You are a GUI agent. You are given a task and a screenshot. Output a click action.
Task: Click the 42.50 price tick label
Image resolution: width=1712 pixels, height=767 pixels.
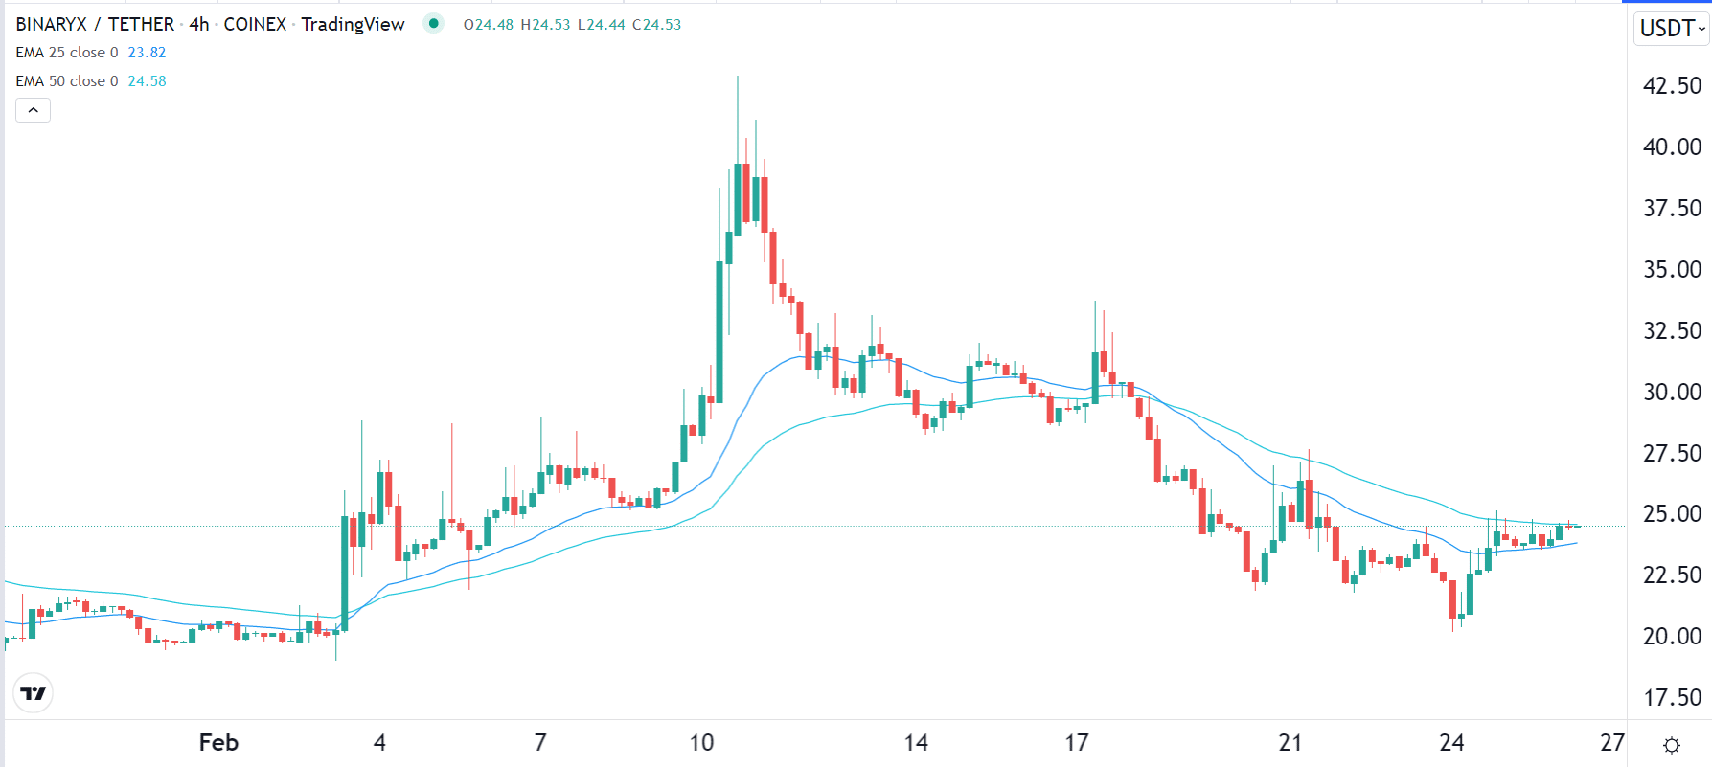pos(1672,86)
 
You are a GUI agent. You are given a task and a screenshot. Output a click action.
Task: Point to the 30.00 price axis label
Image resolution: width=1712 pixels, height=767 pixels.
pos(1672,393)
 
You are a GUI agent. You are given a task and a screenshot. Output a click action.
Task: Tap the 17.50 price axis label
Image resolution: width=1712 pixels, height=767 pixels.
pos(1672,698)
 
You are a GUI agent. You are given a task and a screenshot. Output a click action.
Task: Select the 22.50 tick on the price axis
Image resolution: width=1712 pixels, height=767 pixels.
pos(1672,575)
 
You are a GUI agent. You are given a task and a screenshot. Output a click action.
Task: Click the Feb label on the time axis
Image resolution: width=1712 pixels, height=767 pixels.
pos(218,743)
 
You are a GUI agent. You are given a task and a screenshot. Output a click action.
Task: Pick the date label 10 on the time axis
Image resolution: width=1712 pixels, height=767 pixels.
pos(701,743)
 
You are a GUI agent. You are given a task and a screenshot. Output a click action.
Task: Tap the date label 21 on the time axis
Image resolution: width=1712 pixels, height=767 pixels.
pos(1290,743)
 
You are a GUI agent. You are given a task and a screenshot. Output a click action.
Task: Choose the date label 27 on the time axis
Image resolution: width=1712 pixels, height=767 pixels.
pos(1612,743)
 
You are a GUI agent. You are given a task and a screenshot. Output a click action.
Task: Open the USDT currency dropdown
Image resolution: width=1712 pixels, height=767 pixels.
pos(1672,29)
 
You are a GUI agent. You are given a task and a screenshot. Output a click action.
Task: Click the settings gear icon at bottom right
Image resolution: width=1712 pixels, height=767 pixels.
pos(1672,745)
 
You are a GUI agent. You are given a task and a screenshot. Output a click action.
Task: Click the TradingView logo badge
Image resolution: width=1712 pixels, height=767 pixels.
pos(34,693)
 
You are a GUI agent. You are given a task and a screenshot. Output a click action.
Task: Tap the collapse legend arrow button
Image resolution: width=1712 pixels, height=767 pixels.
pos(34,110)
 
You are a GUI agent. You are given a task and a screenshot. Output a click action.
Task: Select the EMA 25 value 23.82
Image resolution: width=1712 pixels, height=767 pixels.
pos(147,53)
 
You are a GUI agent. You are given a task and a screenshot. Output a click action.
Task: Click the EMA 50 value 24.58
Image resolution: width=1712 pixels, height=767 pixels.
pos(147,81)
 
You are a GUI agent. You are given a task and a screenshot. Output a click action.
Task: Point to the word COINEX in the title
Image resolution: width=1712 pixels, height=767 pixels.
pos(255,24)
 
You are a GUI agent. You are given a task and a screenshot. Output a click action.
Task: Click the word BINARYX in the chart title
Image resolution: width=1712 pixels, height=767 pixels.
pos(51,24)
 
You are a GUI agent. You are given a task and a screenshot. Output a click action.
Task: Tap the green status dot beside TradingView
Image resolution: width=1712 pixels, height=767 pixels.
pos(434,23)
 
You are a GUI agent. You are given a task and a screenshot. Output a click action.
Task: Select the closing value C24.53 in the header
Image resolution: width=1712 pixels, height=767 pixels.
pos(656,25)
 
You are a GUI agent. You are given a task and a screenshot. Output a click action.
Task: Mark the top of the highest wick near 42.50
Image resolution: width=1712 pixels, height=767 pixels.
pos(738,77)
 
